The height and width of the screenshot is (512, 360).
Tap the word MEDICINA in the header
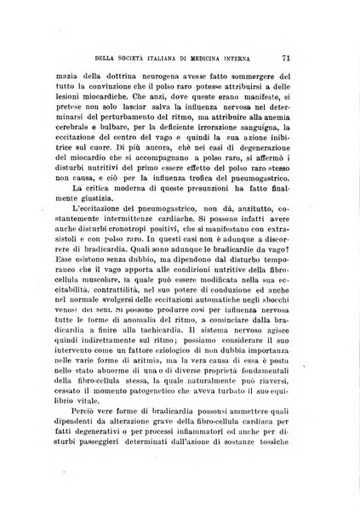218,60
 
